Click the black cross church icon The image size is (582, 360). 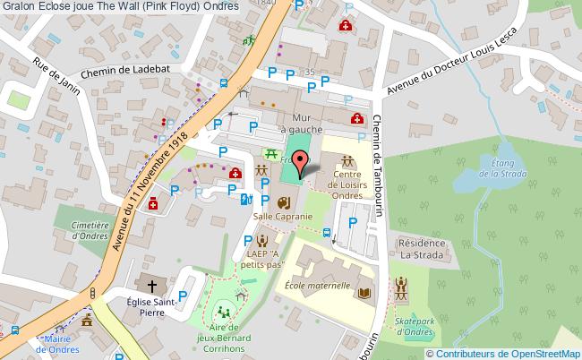[x=153, y=287]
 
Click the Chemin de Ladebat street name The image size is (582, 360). [x=122, y=76]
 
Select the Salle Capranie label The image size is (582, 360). [x=283, y=217]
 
